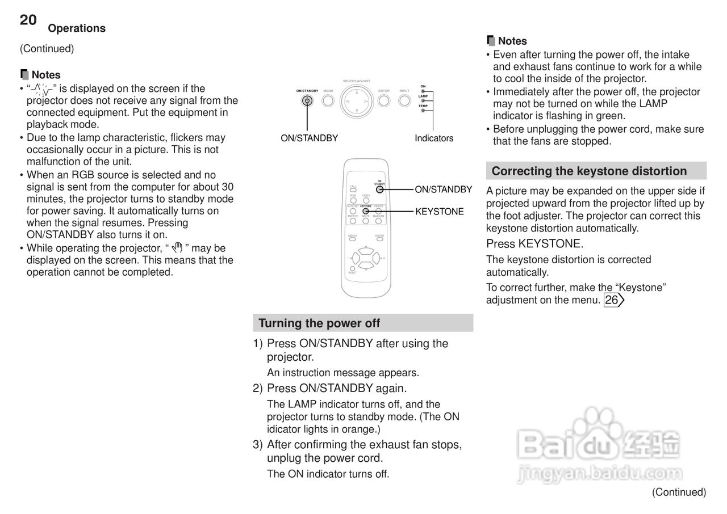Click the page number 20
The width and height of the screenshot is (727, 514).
coord(28,20)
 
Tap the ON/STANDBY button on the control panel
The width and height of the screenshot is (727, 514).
coord(307,101)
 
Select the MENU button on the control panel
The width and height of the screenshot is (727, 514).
coord(328,101)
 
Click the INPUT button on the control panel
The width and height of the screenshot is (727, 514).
coord(404,101)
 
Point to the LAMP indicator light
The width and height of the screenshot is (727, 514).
coord(423,100)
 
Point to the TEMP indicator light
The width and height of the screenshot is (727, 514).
coord(423,110)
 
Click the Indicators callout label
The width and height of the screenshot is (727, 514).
coord(434,138)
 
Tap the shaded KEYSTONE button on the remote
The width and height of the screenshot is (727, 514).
coord(366,211)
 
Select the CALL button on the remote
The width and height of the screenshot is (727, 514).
coord(353,190)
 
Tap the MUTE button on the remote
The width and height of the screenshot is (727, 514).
coord(366,221)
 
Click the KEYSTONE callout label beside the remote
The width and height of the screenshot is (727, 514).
coord(440,212)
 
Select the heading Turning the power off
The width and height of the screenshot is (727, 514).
coord(319,323)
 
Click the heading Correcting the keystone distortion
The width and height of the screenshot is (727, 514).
coord(589,171)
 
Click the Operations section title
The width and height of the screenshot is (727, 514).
coord(77,28)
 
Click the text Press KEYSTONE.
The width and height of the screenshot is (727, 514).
coord(534,244)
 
